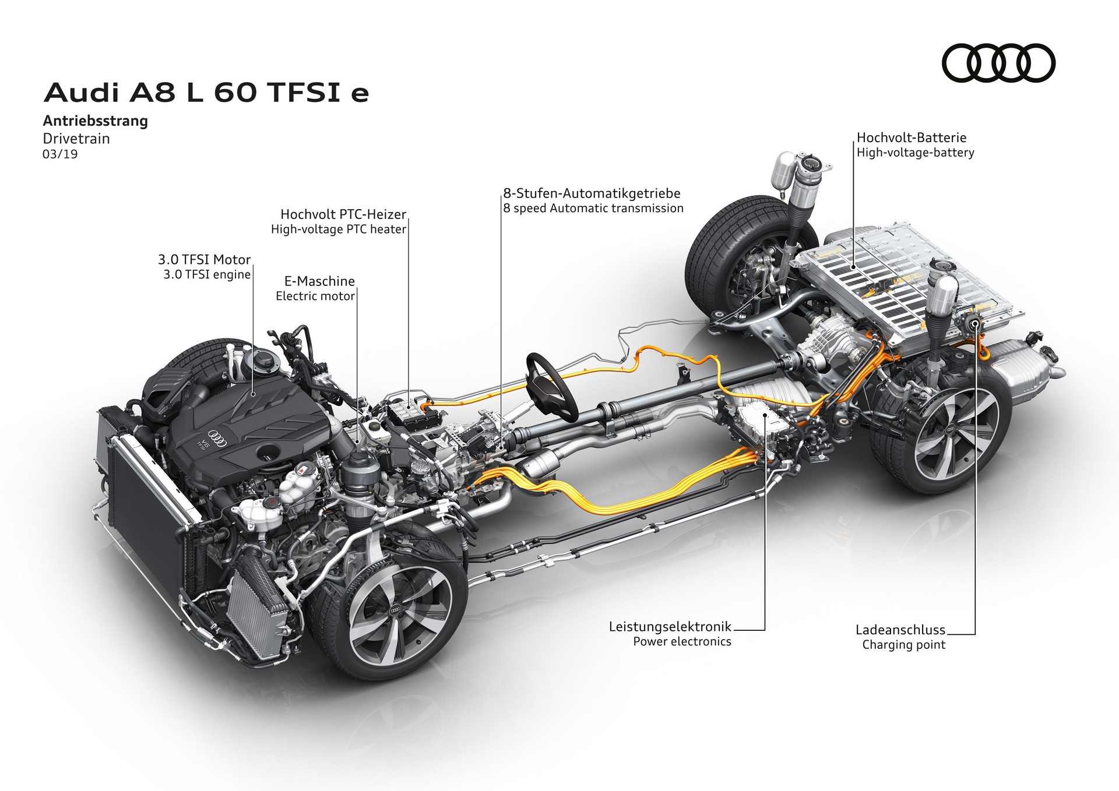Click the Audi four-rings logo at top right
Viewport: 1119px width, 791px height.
998,63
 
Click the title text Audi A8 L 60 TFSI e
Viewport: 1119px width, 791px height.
206,93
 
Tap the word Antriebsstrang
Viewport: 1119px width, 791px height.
96,121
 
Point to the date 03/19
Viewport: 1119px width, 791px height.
60,154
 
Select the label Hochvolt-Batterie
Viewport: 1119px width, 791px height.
911,138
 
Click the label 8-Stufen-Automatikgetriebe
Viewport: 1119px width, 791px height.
592,193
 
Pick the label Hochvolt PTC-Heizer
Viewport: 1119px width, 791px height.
343,214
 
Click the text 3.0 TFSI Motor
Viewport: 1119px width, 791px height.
204,260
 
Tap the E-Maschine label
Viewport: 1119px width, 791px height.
319,281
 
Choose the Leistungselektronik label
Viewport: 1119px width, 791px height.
670,627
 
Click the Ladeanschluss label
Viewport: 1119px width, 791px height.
900,630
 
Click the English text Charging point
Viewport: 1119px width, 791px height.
903,645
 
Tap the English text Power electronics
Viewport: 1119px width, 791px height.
682,642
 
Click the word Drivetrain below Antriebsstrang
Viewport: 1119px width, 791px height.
76,139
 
